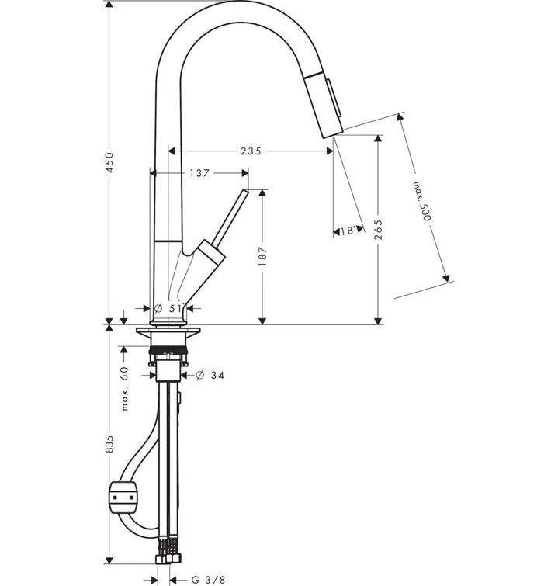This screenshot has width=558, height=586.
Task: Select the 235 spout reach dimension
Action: [251, 151]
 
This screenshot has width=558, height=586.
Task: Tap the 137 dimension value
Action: [199, 174]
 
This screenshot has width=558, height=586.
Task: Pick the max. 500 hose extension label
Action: [421, 201]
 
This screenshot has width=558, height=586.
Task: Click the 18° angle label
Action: [347, 231]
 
